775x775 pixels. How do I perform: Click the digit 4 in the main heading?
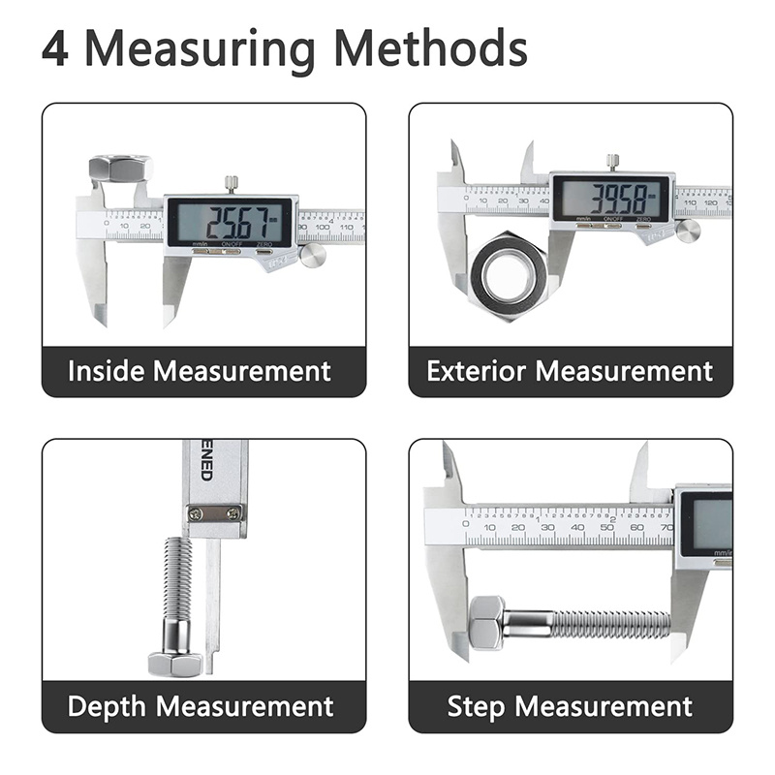coord(55,47)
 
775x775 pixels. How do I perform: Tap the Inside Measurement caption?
coord(200,371)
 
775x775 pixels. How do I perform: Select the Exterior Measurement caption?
coord(570,371)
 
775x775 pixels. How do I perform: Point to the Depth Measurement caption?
coord(201,706)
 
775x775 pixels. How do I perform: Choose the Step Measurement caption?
coord(570,706)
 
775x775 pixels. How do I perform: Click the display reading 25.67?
coord(231,222)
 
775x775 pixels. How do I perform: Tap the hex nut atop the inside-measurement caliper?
coord(119,169)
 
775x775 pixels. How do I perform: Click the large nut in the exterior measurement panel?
coord(508,277)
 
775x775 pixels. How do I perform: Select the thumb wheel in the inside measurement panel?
coord(312,255)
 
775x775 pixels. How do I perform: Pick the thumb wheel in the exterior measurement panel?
coord(688,231)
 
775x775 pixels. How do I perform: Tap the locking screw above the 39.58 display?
coord(611,161)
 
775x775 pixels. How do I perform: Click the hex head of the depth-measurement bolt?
coord(175,664)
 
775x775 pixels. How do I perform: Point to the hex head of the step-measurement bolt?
coord(485,623)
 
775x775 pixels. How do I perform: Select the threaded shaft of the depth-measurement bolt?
coord(176,591)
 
